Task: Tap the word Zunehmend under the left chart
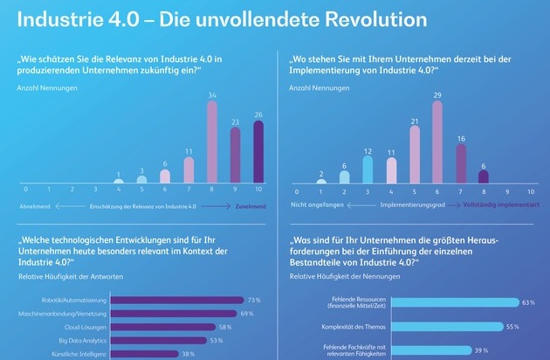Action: [x=250, y=206]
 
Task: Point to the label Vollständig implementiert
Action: [x=497, y=206]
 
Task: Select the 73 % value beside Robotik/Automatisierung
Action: [x=255, y=300]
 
